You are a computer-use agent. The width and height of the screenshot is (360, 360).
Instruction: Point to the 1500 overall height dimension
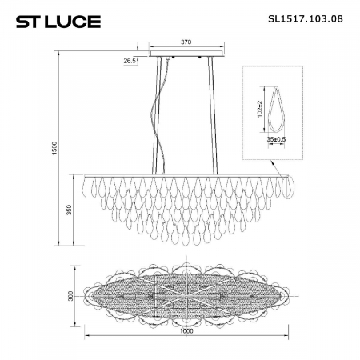(54, 151)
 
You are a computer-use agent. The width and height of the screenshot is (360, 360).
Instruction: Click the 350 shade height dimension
(70, 210)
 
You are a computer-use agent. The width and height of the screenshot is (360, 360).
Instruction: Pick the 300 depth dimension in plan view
(70, 297)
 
